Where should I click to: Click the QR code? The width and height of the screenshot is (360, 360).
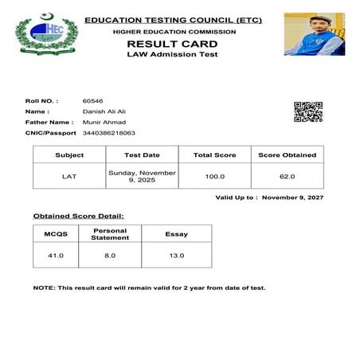tap(308, 112)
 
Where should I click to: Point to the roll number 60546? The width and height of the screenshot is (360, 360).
tap(92, 101)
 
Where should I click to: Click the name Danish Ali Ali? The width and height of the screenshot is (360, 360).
tap(104, 112)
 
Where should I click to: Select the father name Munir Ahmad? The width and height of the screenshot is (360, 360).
tap(103, 123)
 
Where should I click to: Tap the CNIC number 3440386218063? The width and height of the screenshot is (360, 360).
tap(108, 133)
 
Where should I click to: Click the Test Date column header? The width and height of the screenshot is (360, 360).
tap(143, 155)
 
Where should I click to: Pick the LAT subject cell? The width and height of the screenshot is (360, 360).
tap(69, 176)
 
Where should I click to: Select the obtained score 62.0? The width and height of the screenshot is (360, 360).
tap(287, 176)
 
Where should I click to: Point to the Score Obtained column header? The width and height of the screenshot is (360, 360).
tap(287, 155)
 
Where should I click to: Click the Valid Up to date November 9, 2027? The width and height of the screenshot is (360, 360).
tap(292, 197)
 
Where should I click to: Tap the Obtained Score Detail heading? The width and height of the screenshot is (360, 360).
tap(78, 216)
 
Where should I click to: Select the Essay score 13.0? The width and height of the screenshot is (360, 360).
tap(176, 255)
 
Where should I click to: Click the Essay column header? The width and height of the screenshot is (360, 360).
tap(176, 234)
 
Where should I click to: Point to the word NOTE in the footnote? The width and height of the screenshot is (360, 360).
tap(43, 288)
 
